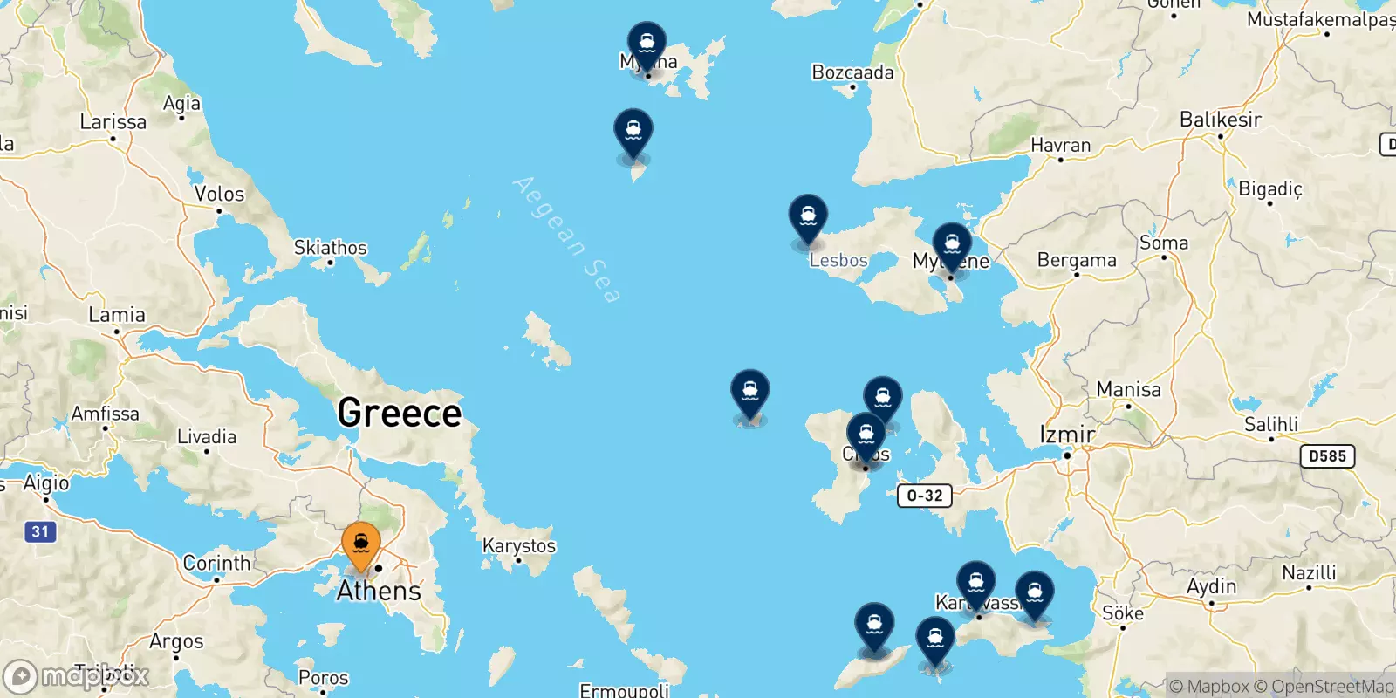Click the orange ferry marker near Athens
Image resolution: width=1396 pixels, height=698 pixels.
pos(361,544)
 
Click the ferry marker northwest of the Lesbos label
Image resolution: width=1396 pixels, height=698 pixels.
pos(808,217)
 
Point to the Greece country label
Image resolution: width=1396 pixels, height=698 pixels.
pos(399,413)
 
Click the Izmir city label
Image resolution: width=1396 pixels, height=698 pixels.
pos(1066,434)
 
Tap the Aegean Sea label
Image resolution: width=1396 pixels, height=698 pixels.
pos(568,239)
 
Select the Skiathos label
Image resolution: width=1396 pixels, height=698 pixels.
pos(330,248)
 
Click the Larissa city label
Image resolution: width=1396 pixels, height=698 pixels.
pos(113,122)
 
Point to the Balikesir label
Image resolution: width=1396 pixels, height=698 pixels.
pos(1220,120)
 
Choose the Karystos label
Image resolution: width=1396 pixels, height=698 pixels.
pos(518,546)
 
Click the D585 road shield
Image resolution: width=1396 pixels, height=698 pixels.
pos(1327,456)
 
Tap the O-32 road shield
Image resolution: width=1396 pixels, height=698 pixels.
pos(925,496)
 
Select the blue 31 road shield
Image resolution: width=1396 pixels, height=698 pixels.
pos(40,531)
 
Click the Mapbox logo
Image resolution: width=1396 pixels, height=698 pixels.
pos(77,676)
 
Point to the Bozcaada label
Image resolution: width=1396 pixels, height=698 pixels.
pos(852,72)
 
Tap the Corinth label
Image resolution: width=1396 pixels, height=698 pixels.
pos(216,563)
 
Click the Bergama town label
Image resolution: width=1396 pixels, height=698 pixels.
pos(1076,260)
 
